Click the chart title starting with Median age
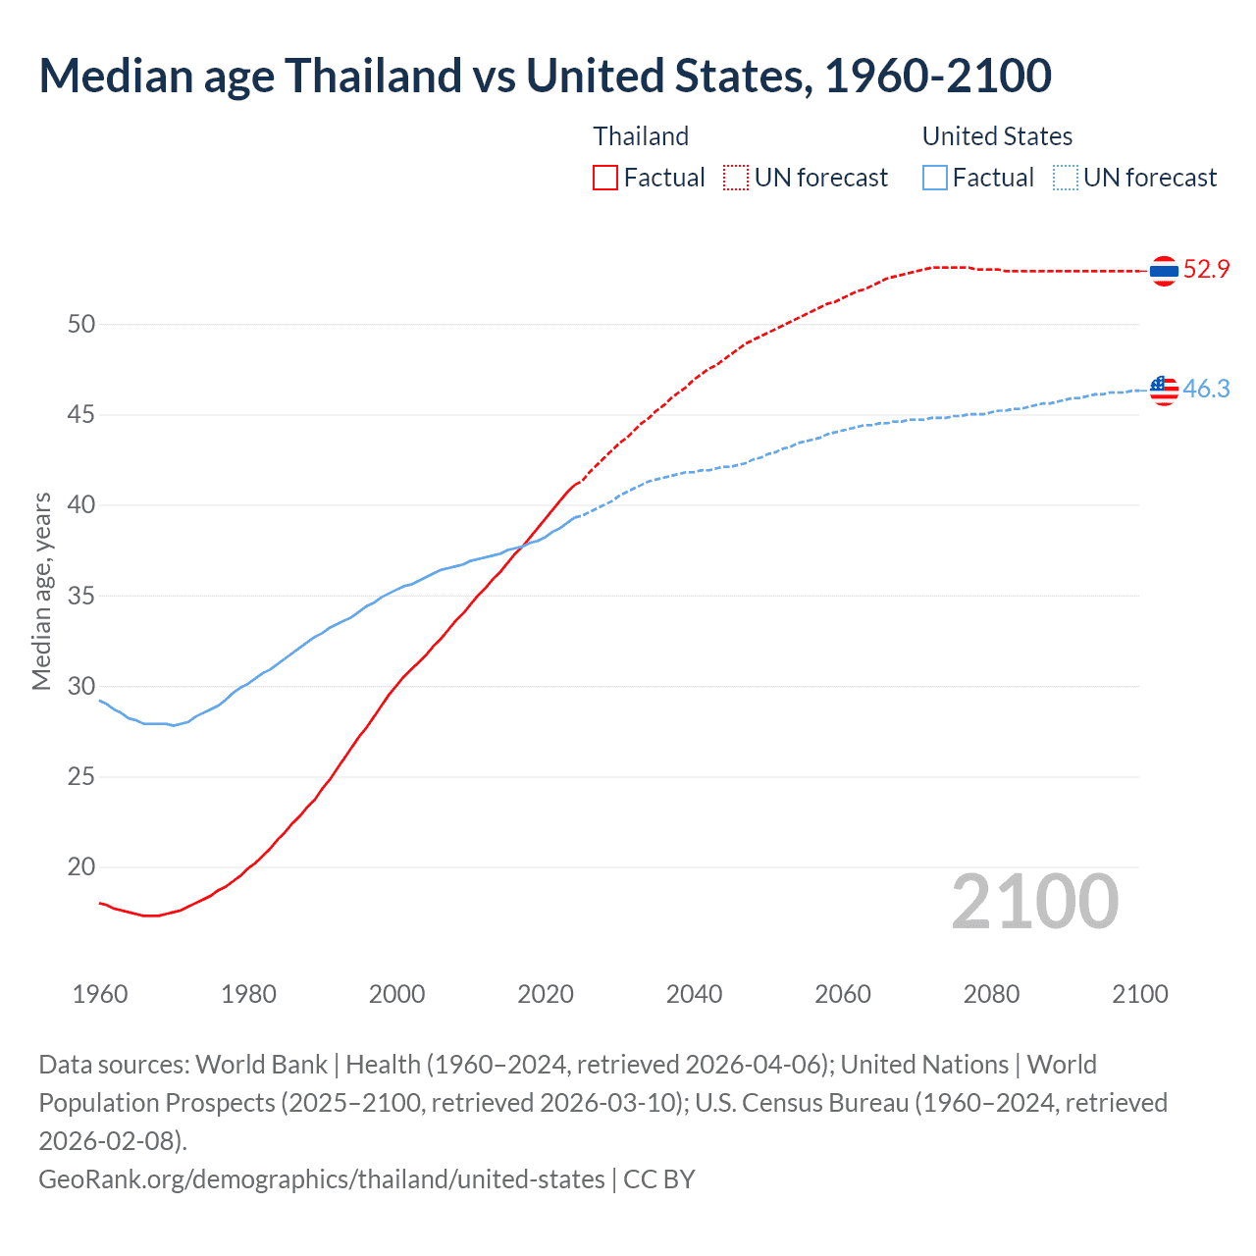coord(545,76)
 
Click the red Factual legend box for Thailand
coord(605,178)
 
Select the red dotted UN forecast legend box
coord(736,178)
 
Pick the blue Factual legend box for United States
coord(935,178)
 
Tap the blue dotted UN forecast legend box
coord(1065,178)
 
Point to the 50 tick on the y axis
coord(81,324)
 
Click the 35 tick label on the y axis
coord(81,596)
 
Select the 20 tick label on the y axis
coord(81,867)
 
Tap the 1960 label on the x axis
coord(100,994)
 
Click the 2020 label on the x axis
coord(546,994)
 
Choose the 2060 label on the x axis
coord(843,994)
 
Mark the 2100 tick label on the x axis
coord(1139,994)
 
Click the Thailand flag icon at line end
coord(1164,270)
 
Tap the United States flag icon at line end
coord(1164,390)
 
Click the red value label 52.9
coord(1206,270)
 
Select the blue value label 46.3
coord(1206,390)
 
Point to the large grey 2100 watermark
coord(1034,902)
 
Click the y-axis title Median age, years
coord(41,592)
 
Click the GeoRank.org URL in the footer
coord(322,1178)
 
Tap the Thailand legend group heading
coord(641,136)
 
